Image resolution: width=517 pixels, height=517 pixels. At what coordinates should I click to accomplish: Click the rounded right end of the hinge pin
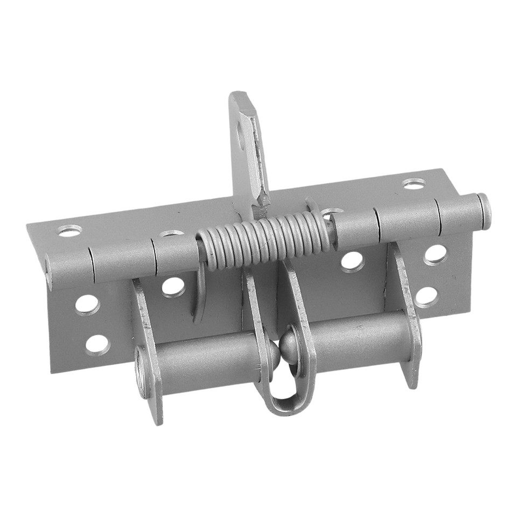coord(484,211)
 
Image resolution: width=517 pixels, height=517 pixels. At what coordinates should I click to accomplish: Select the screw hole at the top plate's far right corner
coord(414,184)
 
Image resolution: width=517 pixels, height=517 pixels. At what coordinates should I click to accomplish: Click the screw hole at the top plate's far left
coord(69,230)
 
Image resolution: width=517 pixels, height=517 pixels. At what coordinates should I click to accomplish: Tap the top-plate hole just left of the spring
coord(171,234)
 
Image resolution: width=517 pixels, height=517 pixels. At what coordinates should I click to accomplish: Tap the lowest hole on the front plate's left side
coord(97,345)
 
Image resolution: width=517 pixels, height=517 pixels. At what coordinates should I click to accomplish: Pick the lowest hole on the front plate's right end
coord(427,296)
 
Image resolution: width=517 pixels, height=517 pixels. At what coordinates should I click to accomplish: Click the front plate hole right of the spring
coord(352,261)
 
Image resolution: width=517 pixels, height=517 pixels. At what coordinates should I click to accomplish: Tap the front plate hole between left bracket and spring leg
coord(173,287)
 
